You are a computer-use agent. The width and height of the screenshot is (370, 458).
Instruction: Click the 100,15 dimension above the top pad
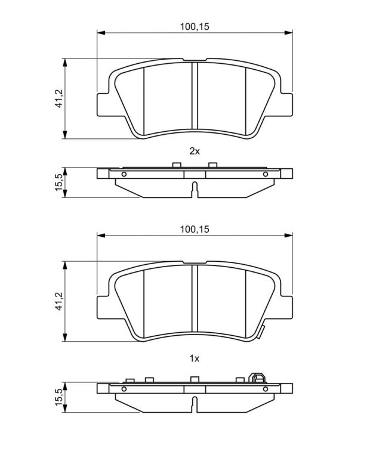[195, 27]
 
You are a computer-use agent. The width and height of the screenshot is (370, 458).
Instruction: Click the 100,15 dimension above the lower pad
[195, 229]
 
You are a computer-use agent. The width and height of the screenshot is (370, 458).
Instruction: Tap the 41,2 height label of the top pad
[59, 98]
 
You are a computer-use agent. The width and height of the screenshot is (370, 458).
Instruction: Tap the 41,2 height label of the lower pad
[59, 301]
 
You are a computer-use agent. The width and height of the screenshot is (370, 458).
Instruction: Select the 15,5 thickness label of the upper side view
[58, 182]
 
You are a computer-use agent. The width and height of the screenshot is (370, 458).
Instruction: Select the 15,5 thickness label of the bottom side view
[58, 397]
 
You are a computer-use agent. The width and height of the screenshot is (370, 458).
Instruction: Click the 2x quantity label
[195, 151]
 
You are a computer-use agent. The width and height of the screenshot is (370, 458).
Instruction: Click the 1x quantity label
[195, 358]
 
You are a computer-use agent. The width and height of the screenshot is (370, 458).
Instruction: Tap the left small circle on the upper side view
[124, 174]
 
